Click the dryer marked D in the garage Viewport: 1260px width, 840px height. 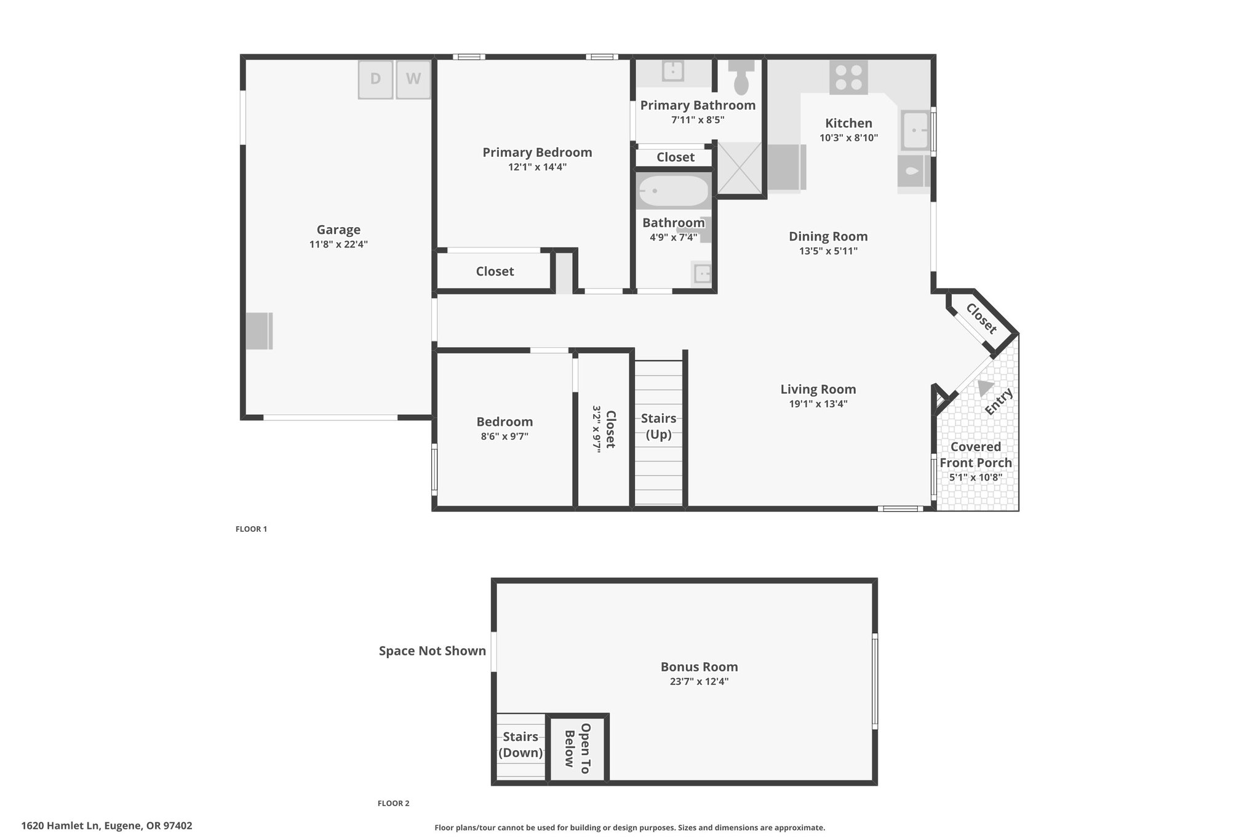[376, 79]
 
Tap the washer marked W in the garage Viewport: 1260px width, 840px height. [413, 79]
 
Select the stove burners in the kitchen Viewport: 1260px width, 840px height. [848, 78]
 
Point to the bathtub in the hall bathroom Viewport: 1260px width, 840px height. [673, 191]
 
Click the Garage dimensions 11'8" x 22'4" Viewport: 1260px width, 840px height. [338, 244]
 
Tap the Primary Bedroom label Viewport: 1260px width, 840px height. [537, 152]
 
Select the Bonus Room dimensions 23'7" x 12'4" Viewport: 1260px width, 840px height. [700, 681]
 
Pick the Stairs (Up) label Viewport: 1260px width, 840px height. [658, 426]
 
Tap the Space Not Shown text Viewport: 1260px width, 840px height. [433, 650]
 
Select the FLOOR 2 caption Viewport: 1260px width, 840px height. [393, 803]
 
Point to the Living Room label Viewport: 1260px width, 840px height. [818, 389]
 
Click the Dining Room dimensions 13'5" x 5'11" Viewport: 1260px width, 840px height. [828, 251]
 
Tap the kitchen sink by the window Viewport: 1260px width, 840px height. [915, 130]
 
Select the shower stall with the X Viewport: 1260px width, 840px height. [740, 167]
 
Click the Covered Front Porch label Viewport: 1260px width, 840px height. [976, 455]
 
